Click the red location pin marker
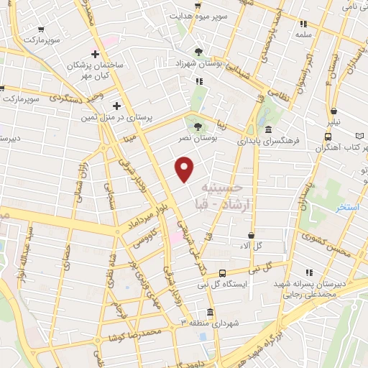(185, 168)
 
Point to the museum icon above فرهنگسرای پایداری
(268, 130)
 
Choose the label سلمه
(303, 34)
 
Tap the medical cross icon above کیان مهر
(95, 54)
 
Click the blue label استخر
(346, 208)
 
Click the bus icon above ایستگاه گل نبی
(223, 273)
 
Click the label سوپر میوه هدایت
(199, 15)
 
